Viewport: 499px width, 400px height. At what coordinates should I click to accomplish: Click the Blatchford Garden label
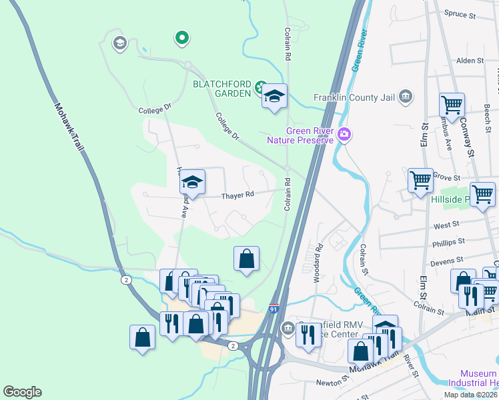tap(222, 88)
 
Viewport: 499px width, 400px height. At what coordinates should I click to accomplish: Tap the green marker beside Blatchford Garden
tap(260, 87)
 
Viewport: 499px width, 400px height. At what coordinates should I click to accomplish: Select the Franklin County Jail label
tap(355, 98)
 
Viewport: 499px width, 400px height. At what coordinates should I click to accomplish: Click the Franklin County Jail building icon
tap(405, 98)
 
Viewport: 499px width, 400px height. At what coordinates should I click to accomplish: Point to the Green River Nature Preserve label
tap(309, 135)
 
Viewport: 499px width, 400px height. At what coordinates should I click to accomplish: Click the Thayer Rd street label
tap(238, 195)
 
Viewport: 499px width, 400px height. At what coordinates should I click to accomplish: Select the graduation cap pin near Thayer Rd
tap(192, 183)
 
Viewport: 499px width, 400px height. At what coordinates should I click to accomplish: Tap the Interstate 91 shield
tap(274, 309)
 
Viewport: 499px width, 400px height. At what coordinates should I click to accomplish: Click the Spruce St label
tap(460, 13)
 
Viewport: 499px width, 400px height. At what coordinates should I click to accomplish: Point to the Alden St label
tap(470, 61)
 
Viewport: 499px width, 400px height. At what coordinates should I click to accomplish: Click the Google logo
tap(22, 392)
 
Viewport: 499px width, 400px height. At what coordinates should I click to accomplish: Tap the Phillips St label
tap(448, 242)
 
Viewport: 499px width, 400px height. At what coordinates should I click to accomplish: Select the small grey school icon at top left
tap(119, 44)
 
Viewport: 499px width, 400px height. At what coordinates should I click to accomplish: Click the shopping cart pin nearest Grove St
tap(420, 181)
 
